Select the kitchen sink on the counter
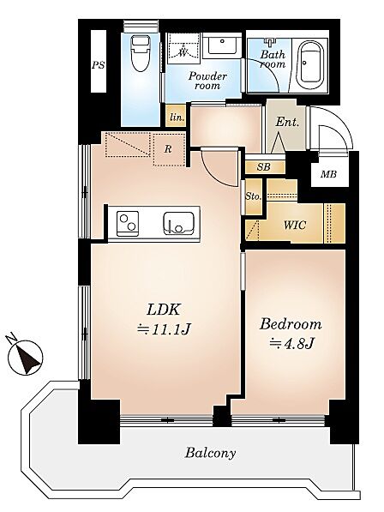coord(178,223)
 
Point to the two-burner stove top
coord(127,223)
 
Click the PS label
coord(99,65)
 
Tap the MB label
coord(328,174)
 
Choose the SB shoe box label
coord(264,167)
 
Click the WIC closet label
coord(295,225)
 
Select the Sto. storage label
coord(253,196)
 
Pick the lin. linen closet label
coord(177,117)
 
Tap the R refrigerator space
coord(168,149)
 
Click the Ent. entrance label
coord(287,122)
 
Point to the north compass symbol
coord(26,357)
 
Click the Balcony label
coord(211,453)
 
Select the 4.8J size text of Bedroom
coord(291,343)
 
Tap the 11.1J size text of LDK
coord(164,328)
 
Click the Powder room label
coord(207,81)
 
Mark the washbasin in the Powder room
coord(222,45)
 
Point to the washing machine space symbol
coord(183,49)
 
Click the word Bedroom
coord(291,324)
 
